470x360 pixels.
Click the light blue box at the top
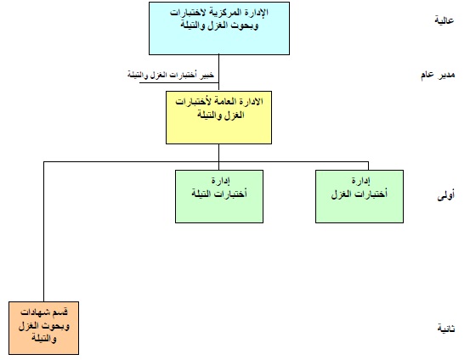(x=219, y=29)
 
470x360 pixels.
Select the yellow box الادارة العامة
(x=218, y=117)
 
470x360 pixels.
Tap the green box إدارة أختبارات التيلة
(x=219, y=196)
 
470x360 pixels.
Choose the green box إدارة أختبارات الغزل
(x=360, y=196)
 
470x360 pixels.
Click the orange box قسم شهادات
(x=43, y=328)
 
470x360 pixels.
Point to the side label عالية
(x=445, y=20)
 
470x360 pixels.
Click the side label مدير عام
(x=438, y=75)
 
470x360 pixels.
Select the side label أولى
(x=445, y=195)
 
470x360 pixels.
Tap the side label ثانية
(x=446, y=329)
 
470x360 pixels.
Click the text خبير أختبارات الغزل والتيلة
(x=171, y=75)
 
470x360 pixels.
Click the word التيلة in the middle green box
(x=200, y=194)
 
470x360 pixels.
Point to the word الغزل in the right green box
(x=341, y=194)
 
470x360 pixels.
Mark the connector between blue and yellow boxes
(x=218, y=73)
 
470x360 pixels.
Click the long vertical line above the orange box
(x=43, y=232)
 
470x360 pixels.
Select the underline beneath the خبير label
(x=179, y=82)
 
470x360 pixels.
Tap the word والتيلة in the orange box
(x=43, y=339)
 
